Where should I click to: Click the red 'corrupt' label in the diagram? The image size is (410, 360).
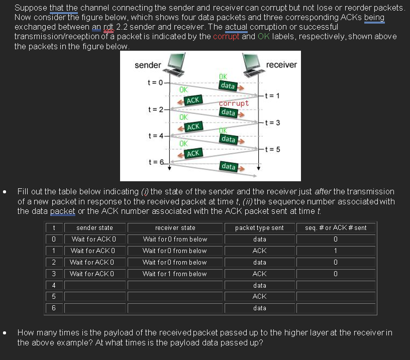[x=234, y=103]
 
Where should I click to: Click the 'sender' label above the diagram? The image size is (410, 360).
[x=148, y=65]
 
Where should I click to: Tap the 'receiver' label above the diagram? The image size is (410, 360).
[x=281, y=65]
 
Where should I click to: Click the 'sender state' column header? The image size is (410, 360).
[x=94, y=228]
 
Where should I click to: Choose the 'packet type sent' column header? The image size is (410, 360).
[x=259, y=228]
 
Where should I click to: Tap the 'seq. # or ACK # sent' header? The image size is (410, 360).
[x=336, y=228]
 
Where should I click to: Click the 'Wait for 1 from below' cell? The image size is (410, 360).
[x=175, y=274]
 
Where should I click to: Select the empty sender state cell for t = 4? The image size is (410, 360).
[x=94, y=285]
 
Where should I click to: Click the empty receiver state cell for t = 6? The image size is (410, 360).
[x=175, y=308]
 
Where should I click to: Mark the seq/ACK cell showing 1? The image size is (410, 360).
[x=336, y=251]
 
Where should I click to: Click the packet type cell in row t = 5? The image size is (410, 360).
[x=259, y=296]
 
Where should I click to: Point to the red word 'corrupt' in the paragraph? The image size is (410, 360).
[x=227, y=37]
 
